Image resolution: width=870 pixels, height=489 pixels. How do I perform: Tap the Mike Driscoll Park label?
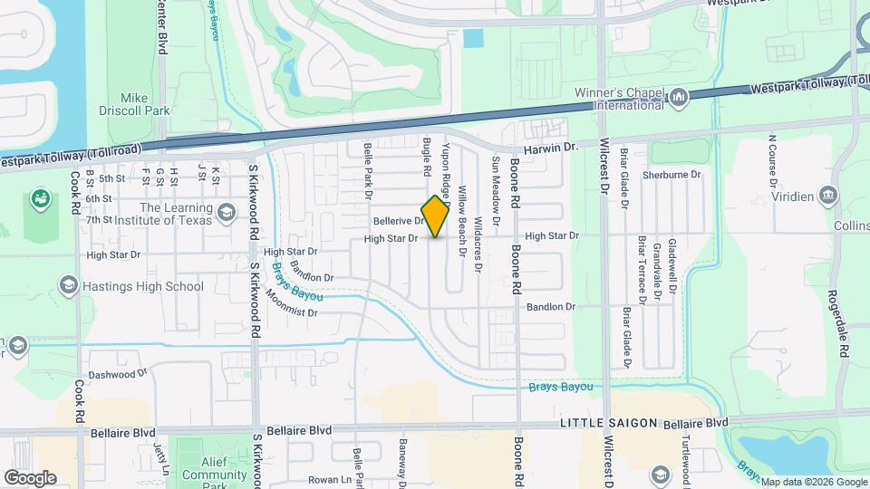pos(133,104)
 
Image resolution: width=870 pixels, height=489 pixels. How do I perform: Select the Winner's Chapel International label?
pos(619,99)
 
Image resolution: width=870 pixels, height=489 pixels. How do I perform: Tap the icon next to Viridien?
pos(827,196)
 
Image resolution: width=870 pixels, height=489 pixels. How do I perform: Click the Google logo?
pos(30,477)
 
